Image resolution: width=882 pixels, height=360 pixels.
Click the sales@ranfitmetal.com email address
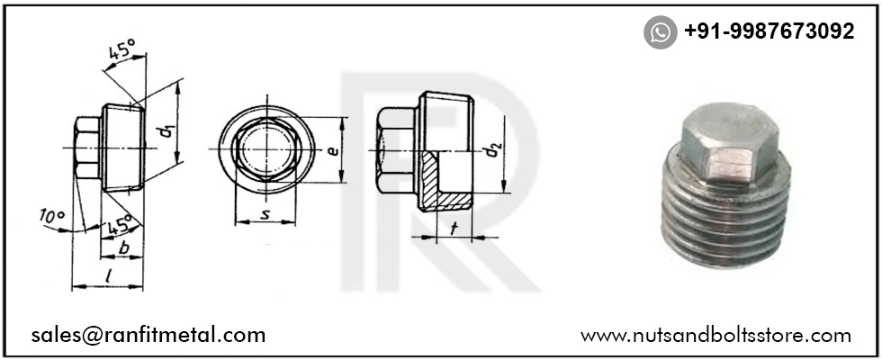pyautogui.click(x=148, y=335)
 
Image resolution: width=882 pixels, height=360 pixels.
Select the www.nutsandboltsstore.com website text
pyautogui.click(x=715, y=336)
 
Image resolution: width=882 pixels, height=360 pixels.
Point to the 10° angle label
pyautogui.click(x=51, y=216)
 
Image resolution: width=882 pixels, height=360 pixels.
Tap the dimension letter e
pyautogui.click(x=333, y=150)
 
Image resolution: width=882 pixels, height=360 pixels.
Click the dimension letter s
pyautogui.click(x=267, y=213)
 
